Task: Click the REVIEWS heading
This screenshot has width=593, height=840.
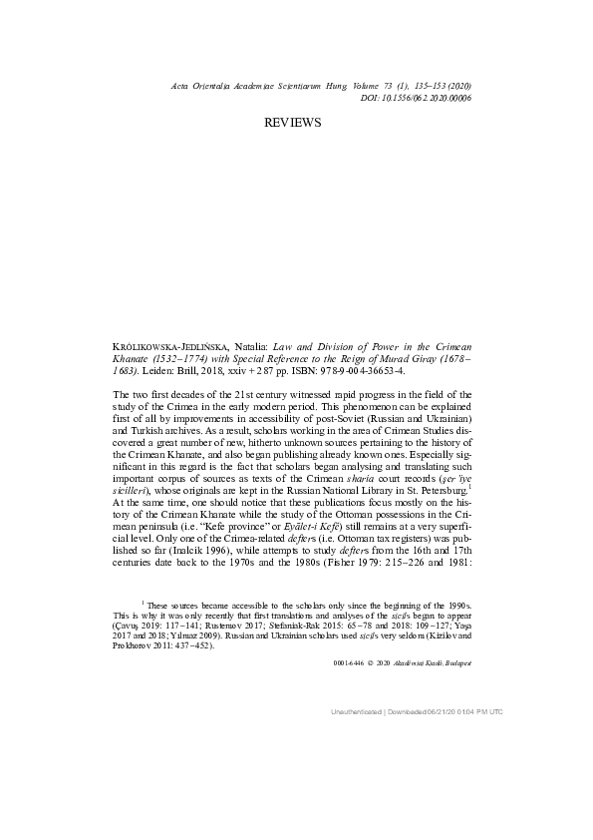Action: (293, 122)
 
